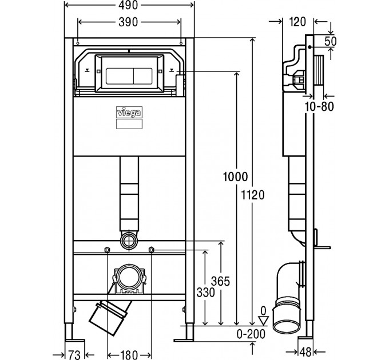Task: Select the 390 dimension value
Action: (x=128, y=22)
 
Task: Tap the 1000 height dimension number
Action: (x=235, y=177)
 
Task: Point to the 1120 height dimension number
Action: (x=253, y=195)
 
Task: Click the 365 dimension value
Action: (x=220, y=281)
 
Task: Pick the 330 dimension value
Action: (x=206, y=293)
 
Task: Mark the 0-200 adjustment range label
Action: (x=251, y=334)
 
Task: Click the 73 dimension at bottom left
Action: (x=74, y=355)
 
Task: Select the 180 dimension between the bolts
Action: (x=129, y=355)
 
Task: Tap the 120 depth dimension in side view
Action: (x=297, y=22)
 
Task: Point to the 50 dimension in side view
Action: (x=331, y=41)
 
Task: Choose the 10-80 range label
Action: (x=319, y=106)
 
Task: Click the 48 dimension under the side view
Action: (x=305, y=352)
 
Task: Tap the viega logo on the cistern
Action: (x=129, y=113)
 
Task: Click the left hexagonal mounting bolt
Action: (x=107, y=250)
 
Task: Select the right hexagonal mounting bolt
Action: (x=151, y=249)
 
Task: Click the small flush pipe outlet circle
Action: (x=129, y=239)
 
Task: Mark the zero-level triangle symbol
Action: (x=264, y=321)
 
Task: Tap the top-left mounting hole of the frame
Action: (x=78, y=43)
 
